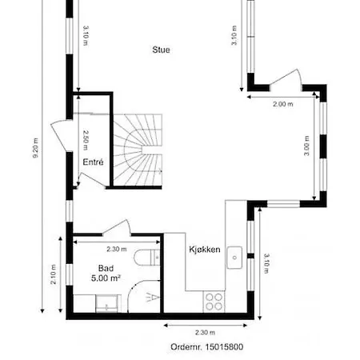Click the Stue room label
(161, 50)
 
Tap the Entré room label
(93, 162)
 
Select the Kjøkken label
(205, 250)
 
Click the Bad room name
(106, 268)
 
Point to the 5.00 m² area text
(106, 278)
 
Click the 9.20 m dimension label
(35, 148)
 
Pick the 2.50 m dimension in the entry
(86, 140)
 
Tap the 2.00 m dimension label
(283, 104)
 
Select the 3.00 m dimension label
(306, 146)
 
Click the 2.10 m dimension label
(54, 274)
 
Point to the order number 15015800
(224, 347)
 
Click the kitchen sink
(234, 258)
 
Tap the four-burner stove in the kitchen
(214, 302)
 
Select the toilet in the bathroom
(147, 258)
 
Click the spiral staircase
(138, 150)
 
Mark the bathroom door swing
(117, 227)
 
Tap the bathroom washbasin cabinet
(106, 303)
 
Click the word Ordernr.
(186, 347)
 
